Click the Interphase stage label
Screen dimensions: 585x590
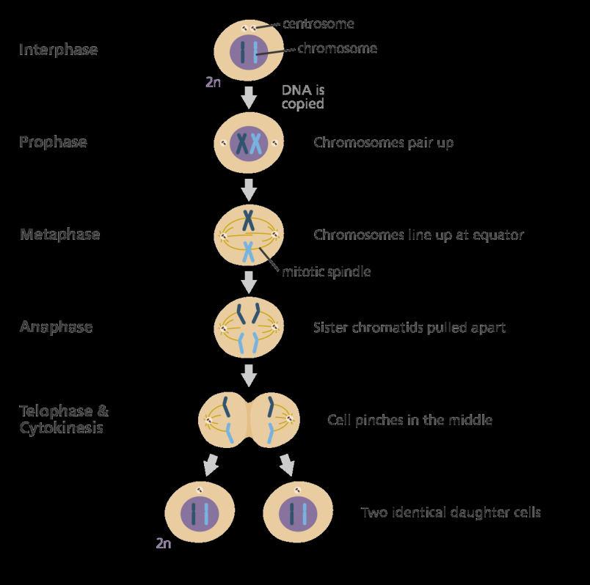[58, 50]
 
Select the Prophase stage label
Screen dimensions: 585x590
[53, 141]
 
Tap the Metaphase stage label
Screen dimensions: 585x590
[59, 235]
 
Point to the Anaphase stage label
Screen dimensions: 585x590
[56, 327]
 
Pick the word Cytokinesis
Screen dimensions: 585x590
[61, 427]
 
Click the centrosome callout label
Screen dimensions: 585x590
[318, 23]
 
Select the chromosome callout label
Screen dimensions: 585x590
[337, 48]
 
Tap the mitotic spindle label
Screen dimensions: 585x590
[327, 272]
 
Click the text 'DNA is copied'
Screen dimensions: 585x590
[303, 97]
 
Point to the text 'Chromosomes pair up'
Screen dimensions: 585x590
[383, 142]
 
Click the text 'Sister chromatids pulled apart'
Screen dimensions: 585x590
[409, 327]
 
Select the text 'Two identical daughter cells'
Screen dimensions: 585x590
[451, 512]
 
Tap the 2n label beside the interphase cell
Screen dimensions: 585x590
[213, 82]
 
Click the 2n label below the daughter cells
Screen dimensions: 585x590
[164, 543]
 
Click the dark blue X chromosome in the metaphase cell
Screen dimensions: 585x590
[250, 219]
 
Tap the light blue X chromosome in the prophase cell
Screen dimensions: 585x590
[256, 142]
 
